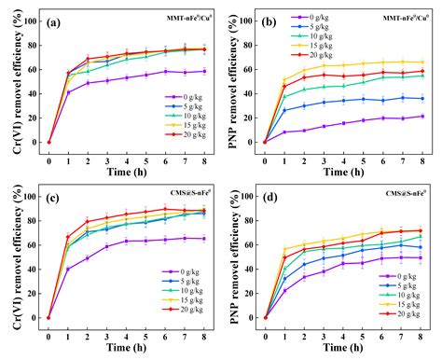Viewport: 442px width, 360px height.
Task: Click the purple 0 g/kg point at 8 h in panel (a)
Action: click(204, 71)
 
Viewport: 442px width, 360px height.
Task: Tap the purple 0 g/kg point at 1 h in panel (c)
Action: click(69, 269)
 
